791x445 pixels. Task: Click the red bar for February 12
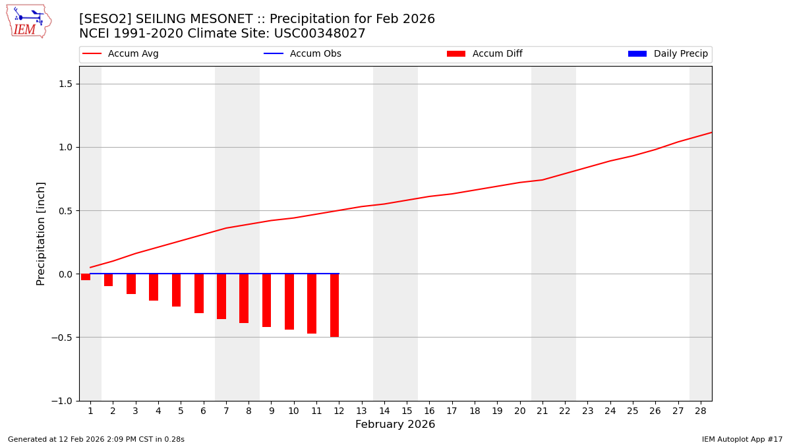point(334,305)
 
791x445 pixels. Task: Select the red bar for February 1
point(86,277)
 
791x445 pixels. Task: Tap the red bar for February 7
point(221,296)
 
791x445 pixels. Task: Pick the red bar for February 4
point(154,287)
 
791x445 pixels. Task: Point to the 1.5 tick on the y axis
point(66,84)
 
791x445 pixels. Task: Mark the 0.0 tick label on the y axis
point(66,274)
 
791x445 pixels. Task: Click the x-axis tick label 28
point(701,411)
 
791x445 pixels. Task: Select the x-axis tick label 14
point(384,411)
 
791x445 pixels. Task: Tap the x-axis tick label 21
point(542,411)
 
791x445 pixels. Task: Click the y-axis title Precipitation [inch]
point(41,233)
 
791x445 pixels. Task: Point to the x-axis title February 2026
point(395,425)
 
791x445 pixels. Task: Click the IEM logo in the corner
point(28,21)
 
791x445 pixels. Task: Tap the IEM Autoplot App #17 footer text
point(742,439)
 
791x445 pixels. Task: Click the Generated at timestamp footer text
point(96,439)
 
